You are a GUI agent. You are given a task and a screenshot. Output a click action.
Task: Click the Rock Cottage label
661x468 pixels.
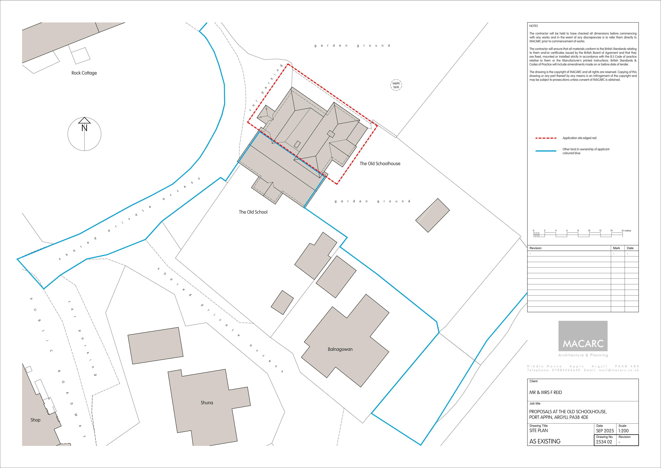(x=84, y=73)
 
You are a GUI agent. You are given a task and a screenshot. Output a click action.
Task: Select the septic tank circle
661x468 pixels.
(x=396, y=85)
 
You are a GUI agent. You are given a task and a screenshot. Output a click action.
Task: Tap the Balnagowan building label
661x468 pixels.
(x=340, y=349)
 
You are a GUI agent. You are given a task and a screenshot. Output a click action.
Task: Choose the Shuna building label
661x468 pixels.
(x=207, y=403)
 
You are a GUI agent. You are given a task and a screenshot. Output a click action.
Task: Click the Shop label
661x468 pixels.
(x=35, y=420)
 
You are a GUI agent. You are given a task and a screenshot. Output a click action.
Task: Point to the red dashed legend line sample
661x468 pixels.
(x=546, y=138)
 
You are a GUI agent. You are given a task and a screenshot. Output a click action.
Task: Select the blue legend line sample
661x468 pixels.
(x=546, y=151)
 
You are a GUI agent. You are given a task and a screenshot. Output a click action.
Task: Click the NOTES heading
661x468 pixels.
(x=534, y=26)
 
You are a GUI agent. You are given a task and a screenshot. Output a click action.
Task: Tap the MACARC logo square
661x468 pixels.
(x=583, y=336)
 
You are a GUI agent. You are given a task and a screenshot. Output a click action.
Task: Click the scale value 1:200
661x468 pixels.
(x=624, y=431)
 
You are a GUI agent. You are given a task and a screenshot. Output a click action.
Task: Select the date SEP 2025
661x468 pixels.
(x=605, y=431)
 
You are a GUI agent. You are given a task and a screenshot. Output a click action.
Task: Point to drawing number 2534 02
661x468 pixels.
(x=604, y=442)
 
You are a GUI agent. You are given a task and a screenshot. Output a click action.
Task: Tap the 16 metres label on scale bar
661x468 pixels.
(x=626, y=231)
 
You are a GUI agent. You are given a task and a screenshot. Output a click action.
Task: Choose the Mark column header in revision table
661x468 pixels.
(x=616, y=248)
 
